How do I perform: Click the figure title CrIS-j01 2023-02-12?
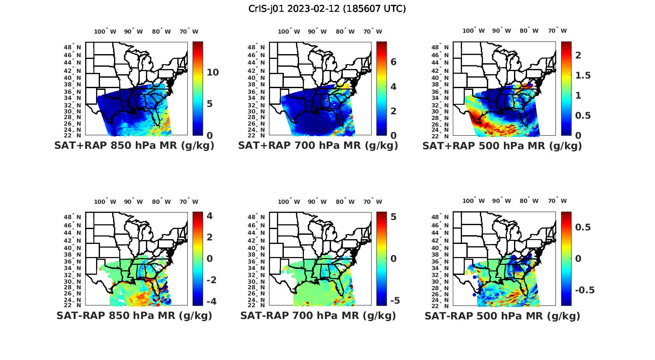(x=327, y=9)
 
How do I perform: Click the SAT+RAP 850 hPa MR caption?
(x=134, y=146)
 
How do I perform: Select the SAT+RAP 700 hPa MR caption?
(x=318, y=146)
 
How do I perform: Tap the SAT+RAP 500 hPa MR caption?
(x=502, y=146)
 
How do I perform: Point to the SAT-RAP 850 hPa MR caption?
(x=134, y=315)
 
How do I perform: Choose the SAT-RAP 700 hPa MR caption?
(x=318, y=315)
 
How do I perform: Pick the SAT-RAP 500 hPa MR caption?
(x=502, y=315)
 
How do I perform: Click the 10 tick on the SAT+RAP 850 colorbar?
(x=213, y=72)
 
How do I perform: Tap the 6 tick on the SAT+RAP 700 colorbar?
(x=393, y=62)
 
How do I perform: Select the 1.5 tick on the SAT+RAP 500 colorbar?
(x=583, y=75)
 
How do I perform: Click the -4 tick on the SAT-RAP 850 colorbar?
(x=210, y=301)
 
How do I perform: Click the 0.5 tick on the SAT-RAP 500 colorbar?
(x=583, y=227)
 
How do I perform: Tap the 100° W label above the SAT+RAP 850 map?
(x=105, y=31)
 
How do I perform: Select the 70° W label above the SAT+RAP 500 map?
(x=557, y=31)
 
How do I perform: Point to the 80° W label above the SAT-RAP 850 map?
(x=161, y=202)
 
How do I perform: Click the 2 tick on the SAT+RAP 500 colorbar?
(x=578, y=55)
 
